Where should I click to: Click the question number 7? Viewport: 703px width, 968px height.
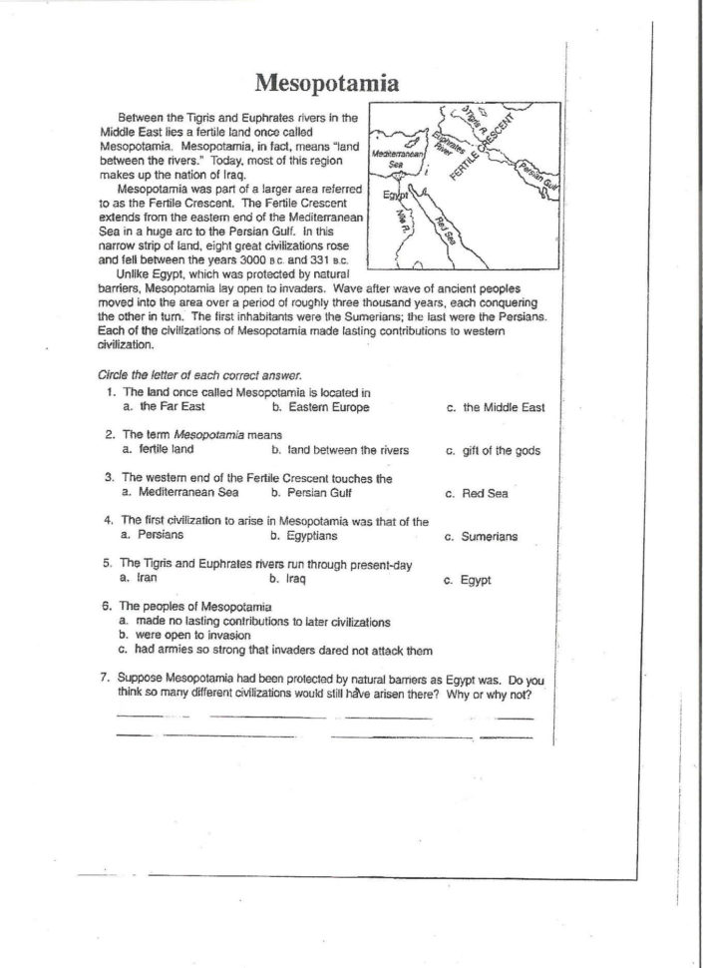coord(106,677)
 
